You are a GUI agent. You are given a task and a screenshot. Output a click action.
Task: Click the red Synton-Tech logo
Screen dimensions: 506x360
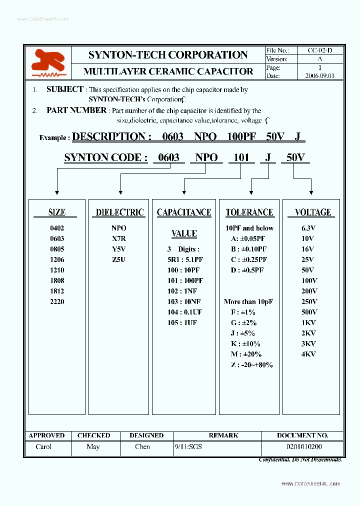(47, 62)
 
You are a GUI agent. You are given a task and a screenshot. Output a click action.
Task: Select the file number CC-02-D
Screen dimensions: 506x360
(320, 50)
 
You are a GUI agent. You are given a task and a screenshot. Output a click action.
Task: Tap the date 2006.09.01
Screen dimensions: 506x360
(319, 75)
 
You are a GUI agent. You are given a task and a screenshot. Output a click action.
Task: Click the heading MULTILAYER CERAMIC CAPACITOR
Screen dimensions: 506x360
(168, 71)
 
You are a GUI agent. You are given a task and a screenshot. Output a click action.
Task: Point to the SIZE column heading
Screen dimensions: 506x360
(56, 212)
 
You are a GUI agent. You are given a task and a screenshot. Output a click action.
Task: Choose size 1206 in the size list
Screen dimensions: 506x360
(57, 259)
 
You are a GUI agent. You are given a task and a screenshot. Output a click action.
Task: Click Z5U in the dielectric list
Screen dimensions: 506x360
(119, 259)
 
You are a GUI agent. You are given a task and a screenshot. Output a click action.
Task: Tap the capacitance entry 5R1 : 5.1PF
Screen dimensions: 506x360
(184, 259)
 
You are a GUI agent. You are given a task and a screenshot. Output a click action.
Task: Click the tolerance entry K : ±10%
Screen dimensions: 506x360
(245, 343)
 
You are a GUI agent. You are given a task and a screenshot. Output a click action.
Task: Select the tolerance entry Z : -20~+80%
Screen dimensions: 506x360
(251, 364)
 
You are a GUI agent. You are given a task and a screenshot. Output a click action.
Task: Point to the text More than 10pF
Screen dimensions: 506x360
(248, 301)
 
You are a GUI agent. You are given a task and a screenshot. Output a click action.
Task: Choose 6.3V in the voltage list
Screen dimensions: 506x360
(309, 228)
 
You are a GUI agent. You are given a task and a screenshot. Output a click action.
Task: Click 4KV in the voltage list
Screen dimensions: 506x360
(309, 354)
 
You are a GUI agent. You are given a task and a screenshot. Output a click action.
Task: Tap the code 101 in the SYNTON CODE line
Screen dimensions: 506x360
(241, 157)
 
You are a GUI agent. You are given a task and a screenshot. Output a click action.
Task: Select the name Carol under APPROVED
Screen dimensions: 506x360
(43, 446)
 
